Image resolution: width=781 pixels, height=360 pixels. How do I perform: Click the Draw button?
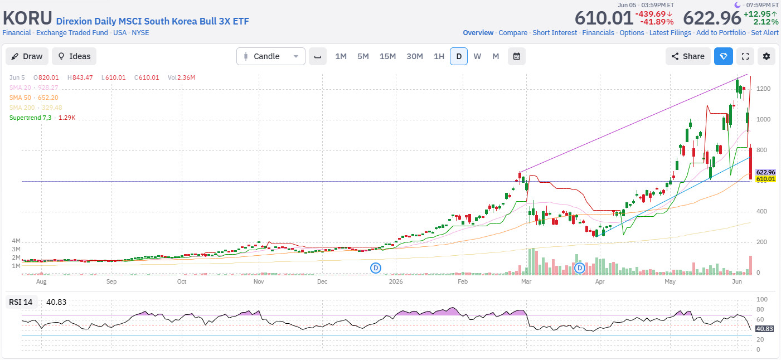tap(27, 56)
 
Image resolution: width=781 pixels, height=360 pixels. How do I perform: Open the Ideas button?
tap(74, 56)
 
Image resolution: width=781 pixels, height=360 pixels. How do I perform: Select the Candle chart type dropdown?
tap(271, 56)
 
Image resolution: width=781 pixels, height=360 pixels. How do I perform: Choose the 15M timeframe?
tap(387, 56)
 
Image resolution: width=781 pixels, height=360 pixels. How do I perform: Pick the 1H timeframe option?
tap(439, 56)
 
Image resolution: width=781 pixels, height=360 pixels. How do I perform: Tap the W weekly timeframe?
tap(477, 56)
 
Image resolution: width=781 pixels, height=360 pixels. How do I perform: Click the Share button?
tap(688, 56)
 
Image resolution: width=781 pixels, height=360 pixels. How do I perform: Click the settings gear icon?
tap(767, 56)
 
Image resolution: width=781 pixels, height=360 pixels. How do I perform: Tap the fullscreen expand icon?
tap(745, 56)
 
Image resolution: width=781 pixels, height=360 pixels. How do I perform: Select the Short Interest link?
tap(555, 33)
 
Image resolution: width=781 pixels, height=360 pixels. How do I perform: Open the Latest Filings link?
tap(670, 33)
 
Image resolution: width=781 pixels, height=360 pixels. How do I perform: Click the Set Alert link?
tap(765, 33)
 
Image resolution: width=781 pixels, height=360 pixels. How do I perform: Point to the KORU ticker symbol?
tap(27, 18)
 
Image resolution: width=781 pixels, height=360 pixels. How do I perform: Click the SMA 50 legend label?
tap(20, 98)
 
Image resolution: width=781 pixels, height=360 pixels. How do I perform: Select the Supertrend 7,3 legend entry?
tap(30, 118)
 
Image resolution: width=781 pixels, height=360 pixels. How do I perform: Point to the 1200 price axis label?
tap(763, 89)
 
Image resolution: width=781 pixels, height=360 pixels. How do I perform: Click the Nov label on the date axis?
tap(259, 281)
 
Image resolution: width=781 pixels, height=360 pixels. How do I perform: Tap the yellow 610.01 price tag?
tap(765, 179)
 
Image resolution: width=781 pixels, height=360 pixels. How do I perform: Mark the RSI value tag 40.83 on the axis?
tap(765, 329)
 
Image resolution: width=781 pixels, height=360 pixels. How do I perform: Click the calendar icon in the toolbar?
tap(517, 56)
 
